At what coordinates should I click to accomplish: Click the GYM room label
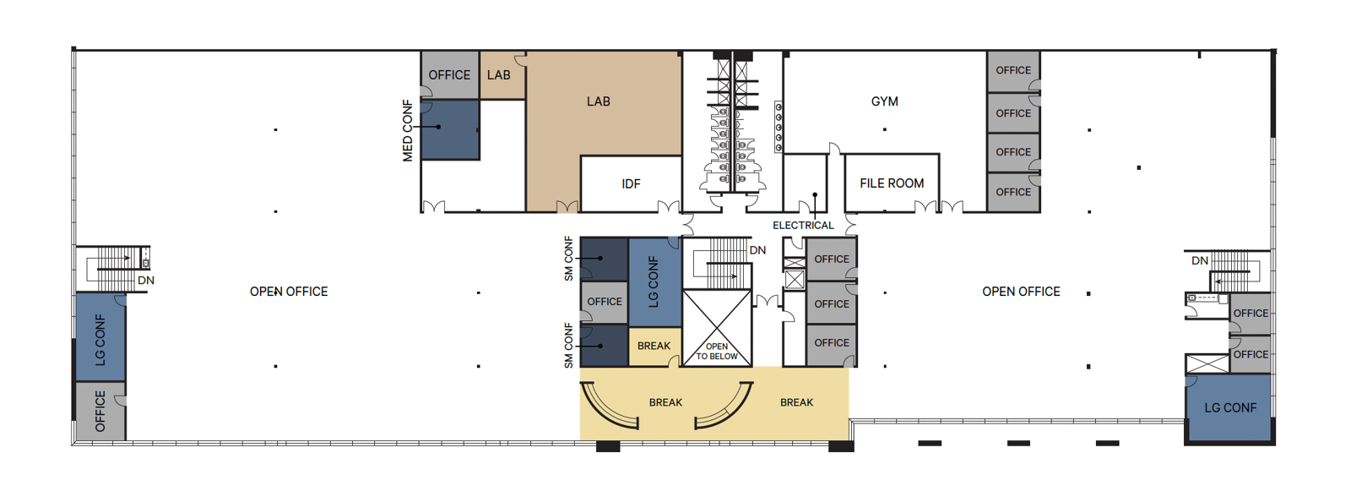pyautogui.click(x=884, y=101)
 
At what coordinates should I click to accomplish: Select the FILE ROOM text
pyautogui.click(x=892, y=183)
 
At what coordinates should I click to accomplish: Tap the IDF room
pyautogui.click(x=631, y=183)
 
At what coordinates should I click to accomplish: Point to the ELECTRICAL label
pyautogui.click(x=803, y=226)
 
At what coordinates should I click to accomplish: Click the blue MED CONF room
pyautogui.click(x=450, y=129)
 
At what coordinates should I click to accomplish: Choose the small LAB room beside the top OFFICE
pyautogui.click(x=499, y=75)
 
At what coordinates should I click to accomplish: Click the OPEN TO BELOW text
pyautogui.click(x=717, y=352)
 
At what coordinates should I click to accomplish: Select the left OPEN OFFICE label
pyautogui.click(x=289, y=292)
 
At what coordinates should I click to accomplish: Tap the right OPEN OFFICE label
pyautogui.click(x=1021, y=292)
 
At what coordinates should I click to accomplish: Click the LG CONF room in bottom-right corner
pyautogui.click(x=1229, y=407)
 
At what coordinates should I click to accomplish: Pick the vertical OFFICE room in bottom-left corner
pyautogui.click(x=100, y=411)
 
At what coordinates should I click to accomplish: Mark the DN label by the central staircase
pyautogui.click(x=757, y=250)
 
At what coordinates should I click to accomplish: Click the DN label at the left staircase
pyautogui.click(x=146, y=281)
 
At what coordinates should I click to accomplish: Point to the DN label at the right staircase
pyautogui.click(x=1199, y=261)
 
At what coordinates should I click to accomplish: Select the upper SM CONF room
pyautogui.click(x=604, y=259)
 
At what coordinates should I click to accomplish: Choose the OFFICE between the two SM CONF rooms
pyautogui.click(x=604, y=302)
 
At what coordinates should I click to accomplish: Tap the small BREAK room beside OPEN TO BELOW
pyautogui.click(x=654, y=347)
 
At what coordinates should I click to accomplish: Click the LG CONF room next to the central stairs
pyautogui.click(x=654, y=281)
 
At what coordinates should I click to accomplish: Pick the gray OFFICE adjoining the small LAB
pyautogui.click(x=449, y=75)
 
